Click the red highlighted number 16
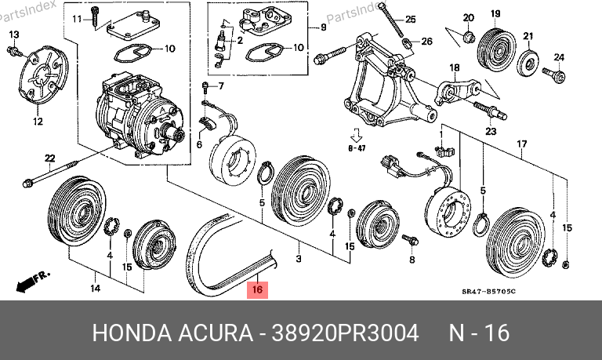pyautogui.click(x=257, y=289)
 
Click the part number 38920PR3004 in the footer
pyautogui.click(x=345, y=333)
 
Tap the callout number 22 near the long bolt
pyautogui.click(x=50, y=158)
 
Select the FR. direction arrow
pyautogui.click(x=32, y=282)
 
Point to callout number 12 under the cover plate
pyautogui.click(x=38, y=122)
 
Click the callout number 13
pyautogui.click(x=14, y=35)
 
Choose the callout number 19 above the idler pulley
pyautogui.click(x=495, y=14)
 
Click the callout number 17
pyautogui.click(x=522, y=144)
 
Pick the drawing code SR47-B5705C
pyautogui.click(x=488, y=292)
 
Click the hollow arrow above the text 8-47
pyautogui.click(x=357, y=135)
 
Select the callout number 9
pyautogui.click(x=323, y=27)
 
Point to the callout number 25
pyautogui.click(x=411, y=19)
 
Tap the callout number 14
pyautogui.click(x=95, y=288)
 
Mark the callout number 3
pyautogui.click(x=299, y=259)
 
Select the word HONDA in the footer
pyautogui.click(x=131, y=333)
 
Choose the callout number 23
pyautogui.click(x=491, y=132)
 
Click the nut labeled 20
pyautogui.click(x=469, y=38)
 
